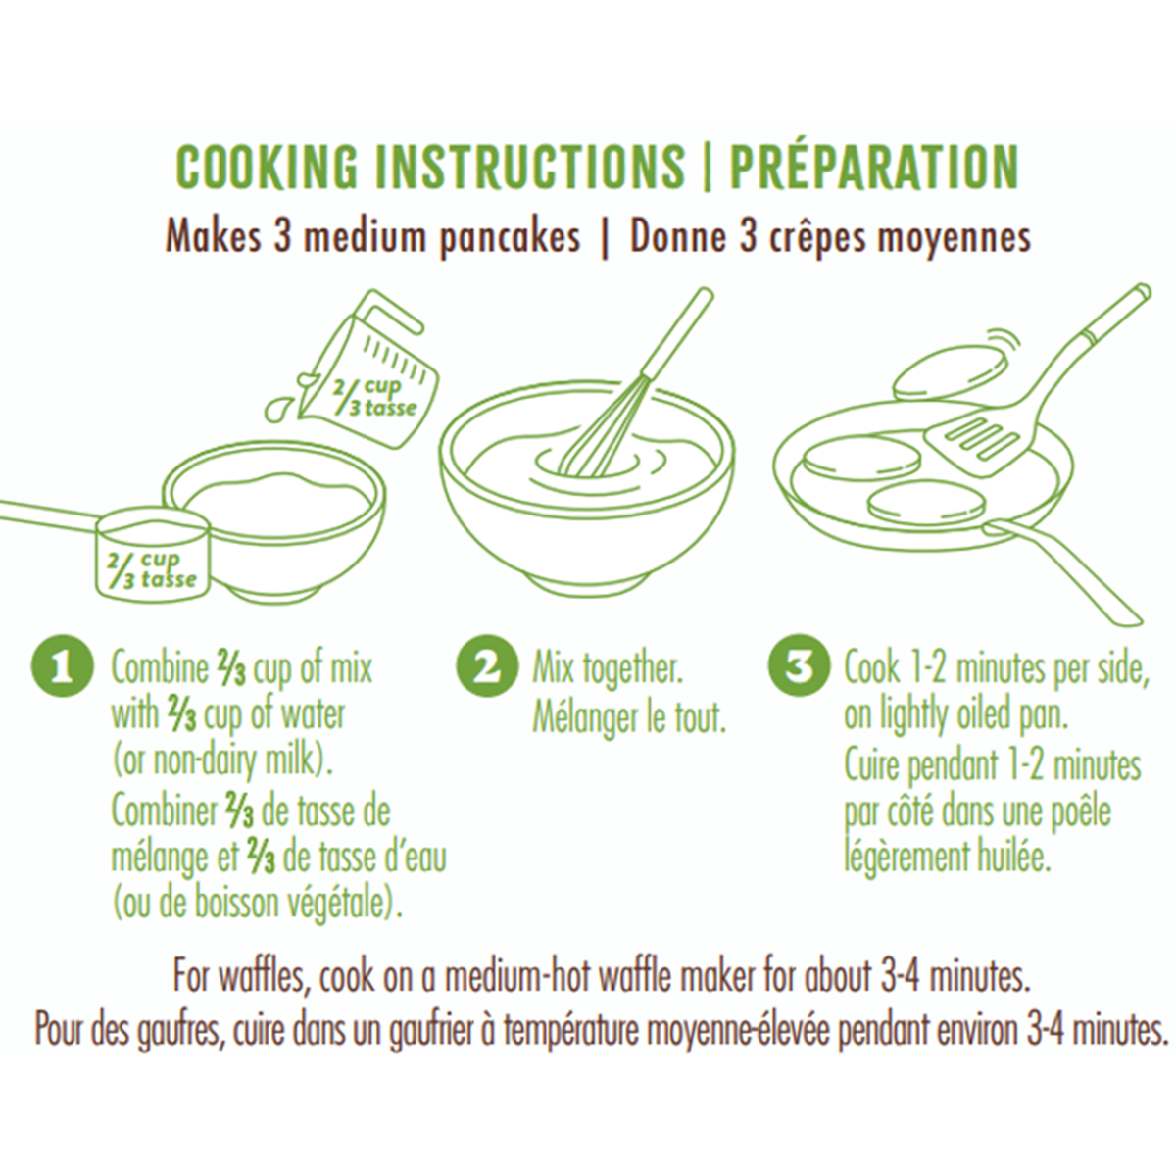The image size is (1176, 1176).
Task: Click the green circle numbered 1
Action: coord(63,667)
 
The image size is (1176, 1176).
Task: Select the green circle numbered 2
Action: coord(486,666)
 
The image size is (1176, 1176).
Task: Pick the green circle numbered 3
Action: coord(799,666)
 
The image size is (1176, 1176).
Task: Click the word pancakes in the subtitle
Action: coord(510,238)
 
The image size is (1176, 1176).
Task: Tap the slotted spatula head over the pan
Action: coord(971,437)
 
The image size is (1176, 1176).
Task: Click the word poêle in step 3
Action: coord(1080,811)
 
